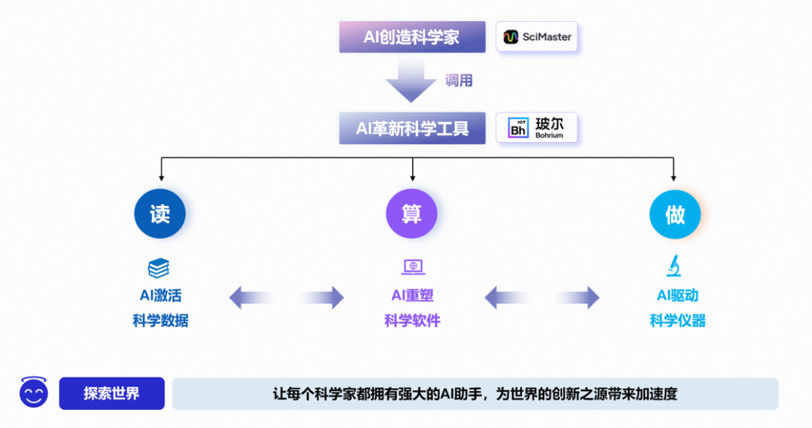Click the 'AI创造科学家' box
point(412,37)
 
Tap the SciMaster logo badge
point(536,36)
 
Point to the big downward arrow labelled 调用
point(411,81)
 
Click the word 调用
point(459,80)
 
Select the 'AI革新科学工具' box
point(412,129)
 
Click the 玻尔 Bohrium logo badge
point(536,128)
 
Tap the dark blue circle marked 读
point(160,214)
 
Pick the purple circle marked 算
point(411,214)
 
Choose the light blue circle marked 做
point(675,214)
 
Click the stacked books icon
point(159,268)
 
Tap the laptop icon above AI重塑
point(413,267)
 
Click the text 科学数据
point(160,321)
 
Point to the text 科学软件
point(412,321)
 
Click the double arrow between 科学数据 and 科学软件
point(286,298)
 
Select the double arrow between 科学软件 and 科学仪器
point(542,298)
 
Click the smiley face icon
point(34,393)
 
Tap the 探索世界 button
point(111,393)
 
